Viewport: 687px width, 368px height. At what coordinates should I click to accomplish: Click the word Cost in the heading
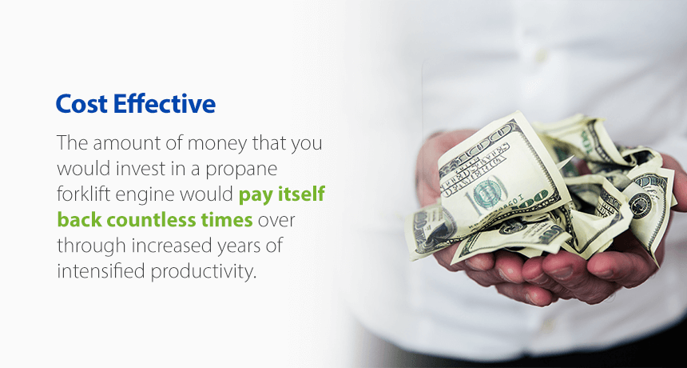click(81, 104)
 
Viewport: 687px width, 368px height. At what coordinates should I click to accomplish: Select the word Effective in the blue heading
click(165, 103)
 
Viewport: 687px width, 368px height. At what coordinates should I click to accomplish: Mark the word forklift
click(85, 194)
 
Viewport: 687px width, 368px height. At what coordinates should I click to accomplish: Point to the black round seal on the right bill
click(640, 205)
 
